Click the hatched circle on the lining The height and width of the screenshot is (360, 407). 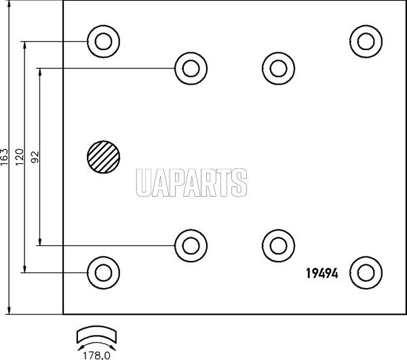point(104,157)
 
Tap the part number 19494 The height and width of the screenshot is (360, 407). point(322,273)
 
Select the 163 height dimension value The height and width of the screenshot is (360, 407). point(5,157)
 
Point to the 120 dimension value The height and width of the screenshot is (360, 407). point(20,157)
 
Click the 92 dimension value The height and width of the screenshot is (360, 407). point(35,157)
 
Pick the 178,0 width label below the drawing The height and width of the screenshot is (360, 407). point(96,355)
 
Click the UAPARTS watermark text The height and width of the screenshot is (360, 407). point(191,182)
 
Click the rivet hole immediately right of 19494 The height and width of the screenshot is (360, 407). point(366,273)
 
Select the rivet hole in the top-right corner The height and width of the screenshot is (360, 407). point(366,41)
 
